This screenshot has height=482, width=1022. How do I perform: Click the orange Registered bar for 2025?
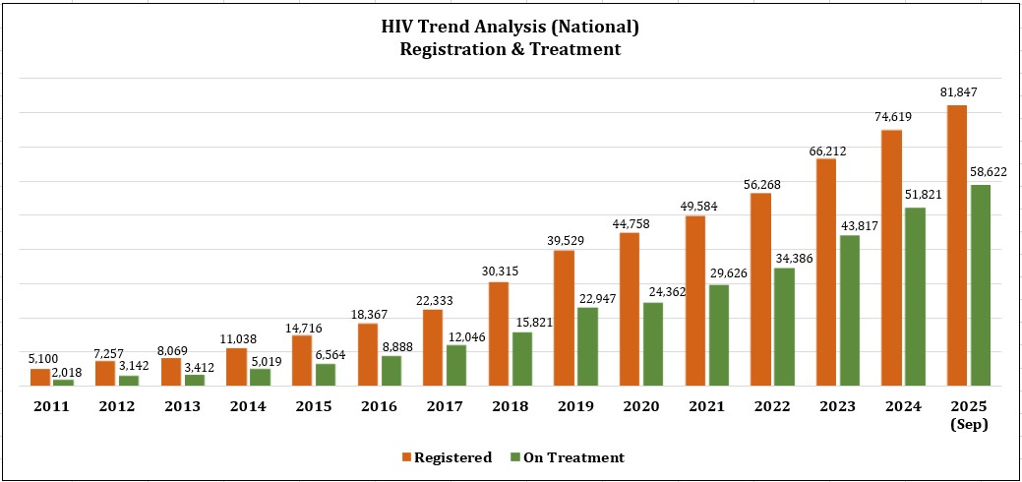point(956,245)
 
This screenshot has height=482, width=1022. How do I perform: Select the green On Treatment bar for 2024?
point(915,296)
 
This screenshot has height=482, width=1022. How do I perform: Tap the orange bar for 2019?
point(564,318)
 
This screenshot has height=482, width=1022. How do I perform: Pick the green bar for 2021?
point(719,334)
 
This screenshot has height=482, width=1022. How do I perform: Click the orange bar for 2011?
point(40,377)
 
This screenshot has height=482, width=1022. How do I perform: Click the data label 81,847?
point(957,92)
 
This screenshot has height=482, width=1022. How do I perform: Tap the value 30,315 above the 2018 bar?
point(500,271)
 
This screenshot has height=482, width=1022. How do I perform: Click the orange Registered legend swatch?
point(405,457)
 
